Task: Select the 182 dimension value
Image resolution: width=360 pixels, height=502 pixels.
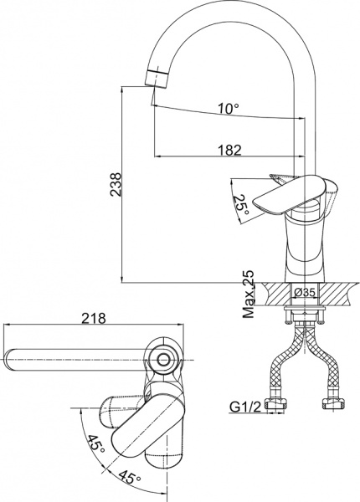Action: click(228, 150)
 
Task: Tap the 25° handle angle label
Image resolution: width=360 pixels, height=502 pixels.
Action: click(243, 205)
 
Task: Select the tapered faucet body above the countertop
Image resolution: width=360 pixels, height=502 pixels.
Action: click(306, 247)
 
